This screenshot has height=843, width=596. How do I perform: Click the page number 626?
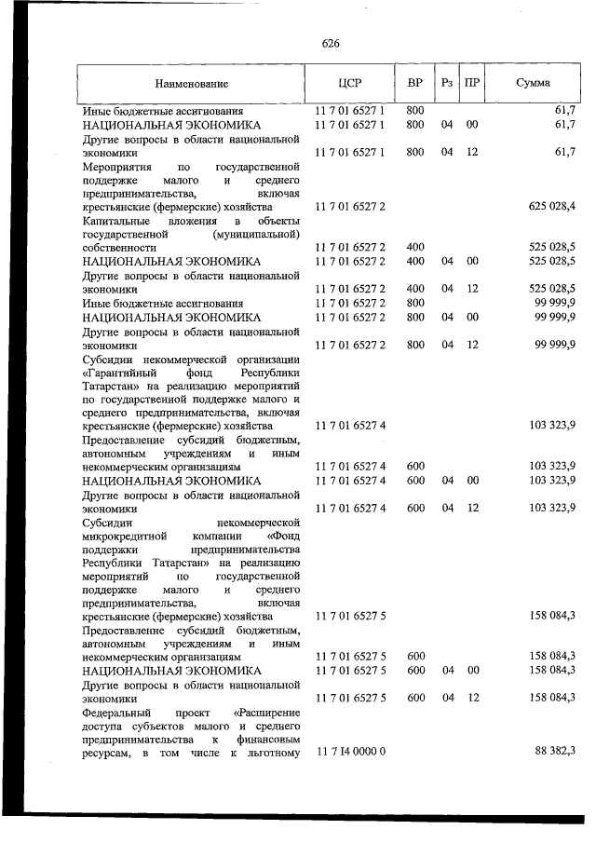coord(331,44)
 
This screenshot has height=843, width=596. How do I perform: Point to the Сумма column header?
coord(532,83)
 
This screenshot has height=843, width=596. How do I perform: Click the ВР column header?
coord(415,83)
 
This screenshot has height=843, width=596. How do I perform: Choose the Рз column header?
coord(447,83)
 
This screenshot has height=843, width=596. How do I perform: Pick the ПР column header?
coord(472,83)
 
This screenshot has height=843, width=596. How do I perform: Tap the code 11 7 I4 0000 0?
coord(350,752)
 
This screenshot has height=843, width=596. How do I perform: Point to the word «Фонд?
coord(282,537)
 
